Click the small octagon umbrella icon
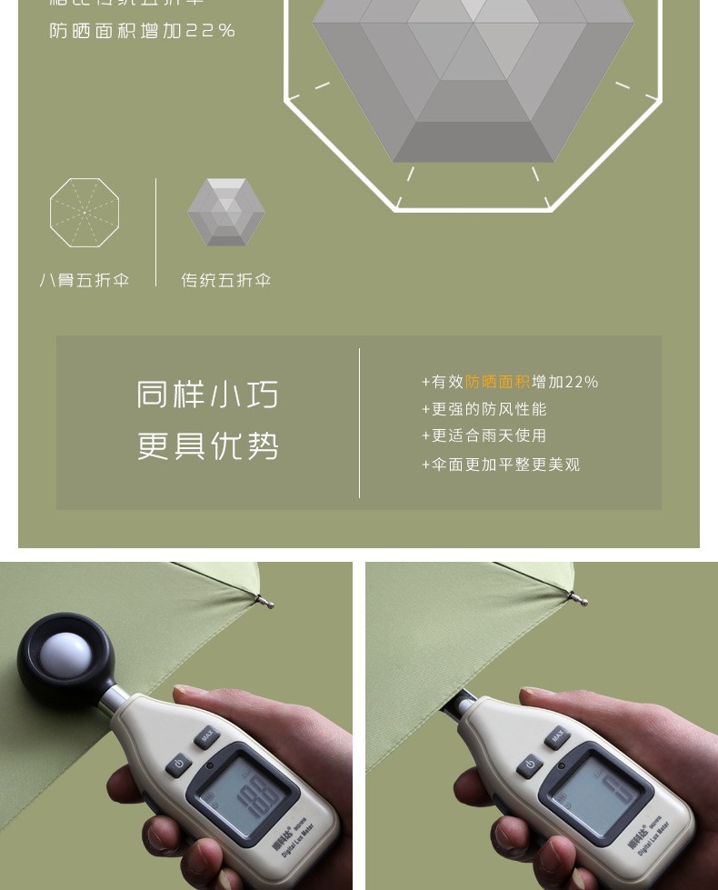pos(85,213)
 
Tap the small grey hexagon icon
pos(226,212)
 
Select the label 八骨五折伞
pos(85,280)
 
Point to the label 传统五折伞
pos(226,280)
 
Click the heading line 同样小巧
pos(208,395)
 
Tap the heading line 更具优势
pos(208,446)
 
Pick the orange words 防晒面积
pos(497,383)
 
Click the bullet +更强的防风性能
pos(484,409)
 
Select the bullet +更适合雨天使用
pos(484,436)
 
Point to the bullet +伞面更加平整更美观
pos(500,465)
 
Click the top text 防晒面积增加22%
pos(143,31)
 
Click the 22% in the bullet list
pos(583,383)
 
